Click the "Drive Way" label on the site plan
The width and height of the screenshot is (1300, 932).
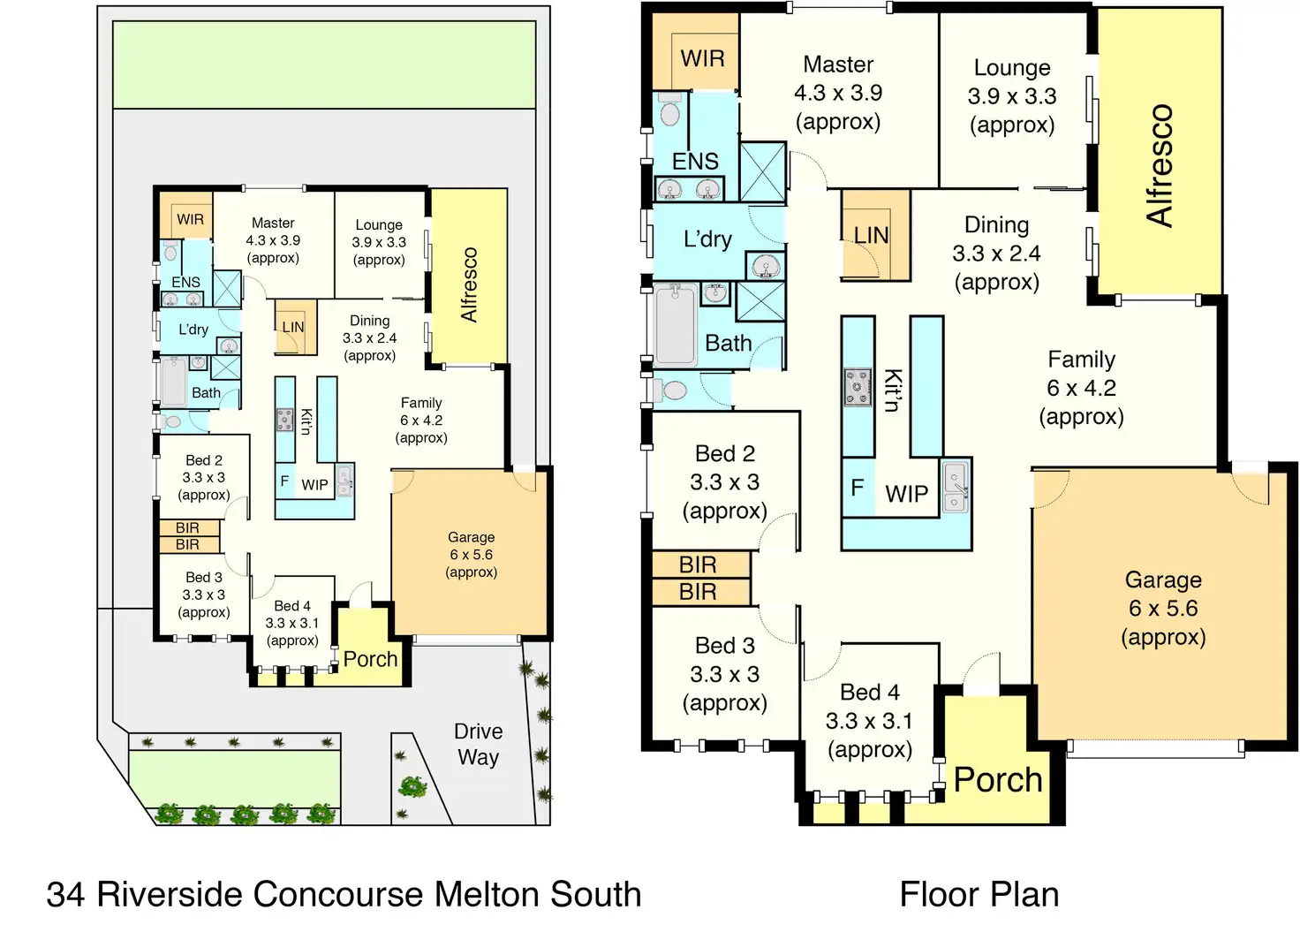[x=478, y=744]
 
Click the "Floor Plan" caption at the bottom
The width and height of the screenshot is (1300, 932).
[x=979, y=894]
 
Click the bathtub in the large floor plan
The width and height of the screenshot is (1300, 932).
[x=676, y=324]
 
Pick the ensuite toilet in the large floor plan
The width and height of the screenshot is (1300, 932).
[x=669, y=112]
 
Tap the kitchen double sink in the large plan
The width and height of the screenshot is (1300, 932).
[x=956, y=488]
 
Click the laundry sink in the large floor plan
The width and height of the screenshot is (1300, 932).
[x=765, y=265]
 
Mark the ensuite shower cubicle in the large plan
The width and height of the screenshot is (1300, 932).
[x=762, y=171]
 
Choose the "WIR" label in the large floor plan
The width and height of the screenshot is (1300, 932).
[x=702, y=59]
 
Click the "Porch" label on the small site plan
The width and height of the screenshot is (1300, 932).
[x=370, y=659]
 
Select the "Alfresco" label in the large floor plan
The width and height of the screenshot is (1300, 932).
[x=1159, y=165]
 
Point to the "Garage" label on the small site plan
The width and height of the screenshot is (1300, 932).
[x=471, y=537]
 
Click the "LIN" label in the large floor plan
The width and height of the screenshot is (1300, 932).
[x=871, y=236]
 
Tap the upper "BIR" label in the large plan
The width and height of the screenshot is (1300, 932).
[x=698, y=565]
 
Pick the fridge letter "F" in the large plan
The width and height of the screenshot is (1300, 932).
[x=857, y=488]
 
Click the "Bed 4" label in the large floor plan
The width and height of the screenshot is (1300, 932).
[x=869, y=692]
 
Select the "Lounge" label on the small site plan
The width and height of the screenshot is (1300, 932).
[x=379, y=225]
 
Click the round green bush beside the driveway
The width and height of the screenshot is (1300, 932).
[x=412, y=785]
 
